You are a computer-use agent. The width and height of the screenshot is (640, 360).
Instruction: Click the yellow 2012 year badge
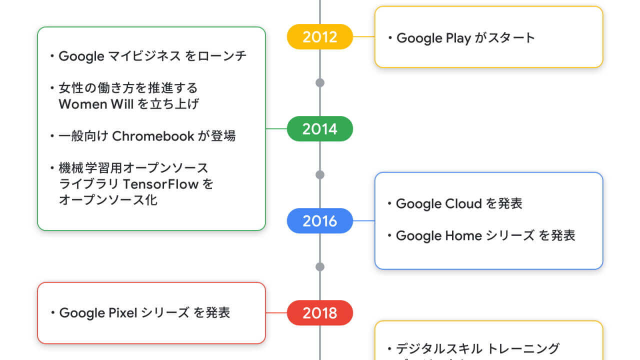point(320,37)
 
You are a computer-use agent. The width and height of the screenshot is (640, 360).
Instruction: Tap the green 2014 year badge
point(320,129)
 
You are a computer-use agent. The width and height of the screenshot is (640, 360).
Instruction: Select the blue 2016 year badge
point(320,221)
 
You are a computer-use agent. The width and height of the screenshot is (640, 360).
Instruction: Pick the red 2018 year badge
point(320,313)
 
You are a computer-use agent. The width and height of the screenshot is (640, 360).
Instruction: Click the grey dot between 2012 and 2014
point(320,82)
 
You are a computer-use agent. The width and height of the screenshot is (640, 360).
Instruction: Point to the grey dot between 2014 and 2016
point(320,174)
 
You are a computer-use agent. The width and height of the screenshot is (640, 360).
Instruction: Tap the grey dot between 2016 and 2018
point(320,266)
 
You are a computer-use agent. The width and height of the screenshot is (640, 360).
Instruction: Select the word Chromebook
point(153,136)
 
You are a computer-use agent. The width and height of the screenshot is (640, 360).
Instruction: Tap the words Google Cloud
point(438,204)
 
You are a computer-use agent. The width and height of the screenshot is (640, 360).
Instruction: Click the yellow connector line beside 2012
point(364,37)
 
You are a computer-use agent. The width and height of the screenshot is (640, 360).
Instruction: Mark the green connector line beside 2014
point(276,129)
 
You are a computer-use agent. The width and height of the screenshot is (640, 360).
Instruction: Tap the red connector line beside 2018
point(276,313)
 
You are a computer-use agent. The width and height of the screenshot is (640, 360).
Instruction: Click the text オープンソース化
point(108,200)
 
